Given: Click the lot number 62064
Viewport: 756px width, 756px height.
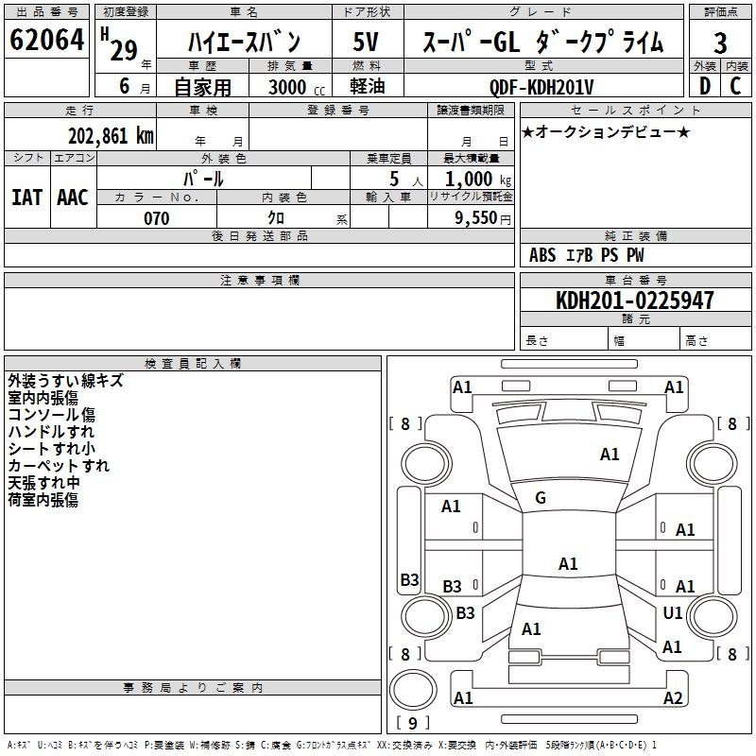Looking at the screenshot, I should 46,41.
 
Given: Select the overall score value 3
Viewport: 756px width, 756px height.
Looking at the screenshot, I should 720,43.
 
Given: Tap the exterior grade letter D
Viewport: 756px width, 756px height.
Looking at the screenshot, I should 704,85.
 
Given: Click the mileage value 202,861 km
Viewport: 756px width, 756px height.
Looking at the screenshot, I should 111,135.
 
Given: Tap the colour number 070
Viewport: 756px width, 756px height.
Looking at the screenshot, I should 156,218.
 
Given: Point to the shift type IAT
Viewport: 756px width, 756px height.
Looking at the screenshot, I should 26,198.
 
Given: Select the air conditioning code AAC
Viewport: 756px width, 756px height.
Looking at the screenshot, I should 72,198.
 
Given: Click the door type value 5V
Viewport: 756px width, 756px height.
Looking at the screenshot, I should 366,43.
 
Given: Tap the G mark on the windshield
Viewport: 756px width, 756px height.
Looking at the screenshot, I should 541,498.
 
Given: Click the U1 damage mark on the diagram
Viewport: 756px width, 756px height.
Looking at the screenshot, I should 673,612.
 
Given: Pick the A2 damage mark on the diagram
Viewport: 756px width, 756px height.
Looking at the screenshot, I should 673,698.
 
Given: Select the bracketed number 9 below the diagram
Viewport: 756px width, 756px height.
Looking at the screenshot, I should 412,724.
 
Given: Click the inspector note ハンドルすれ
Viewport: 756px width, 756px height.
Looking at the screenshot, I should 51,432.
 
